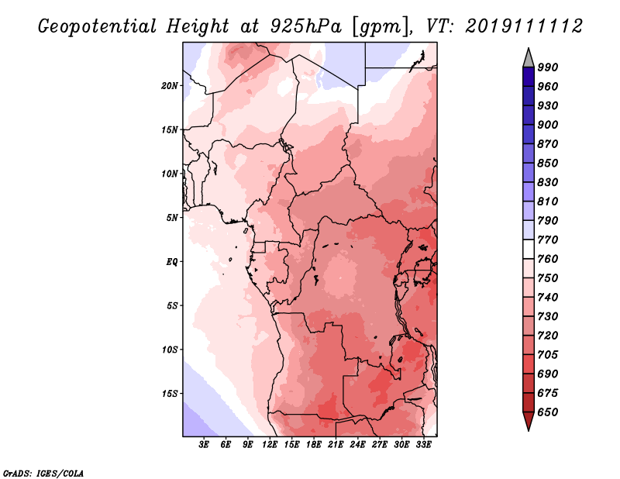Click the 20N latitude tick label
point(170,85)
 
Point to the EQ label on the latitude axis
point(172,261)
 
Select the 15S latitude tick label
point(170,394)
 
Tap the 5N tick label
point(172,217)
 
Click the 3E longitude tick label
point(205,445)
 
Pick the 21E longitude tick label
point(336,445)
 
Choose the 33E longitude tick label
point(424,445)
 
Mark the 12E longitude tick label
point(270,445)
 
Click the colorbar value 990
point(548,67)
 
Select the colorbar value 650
point(548,412)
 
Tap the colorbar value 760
point(548,259)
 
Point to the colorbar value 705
point(548,355)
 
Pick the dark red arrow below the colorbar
point(528,422)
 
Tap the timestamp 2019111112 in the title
point(524,26)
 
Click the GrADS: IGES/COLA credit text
point(43,471)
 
